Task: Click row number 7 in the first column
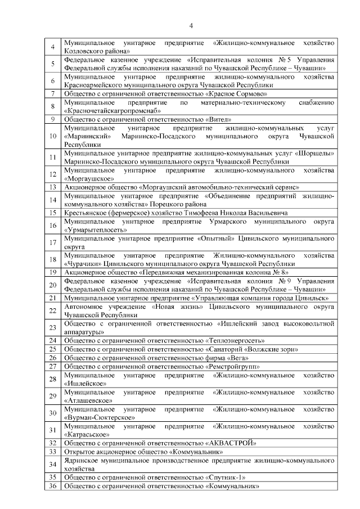pos(52,93)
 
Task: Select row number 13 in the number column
pos(52,187)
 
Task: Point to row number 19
pos(52,272)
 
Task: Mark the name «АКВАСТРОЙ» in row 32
pos(232,443)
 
